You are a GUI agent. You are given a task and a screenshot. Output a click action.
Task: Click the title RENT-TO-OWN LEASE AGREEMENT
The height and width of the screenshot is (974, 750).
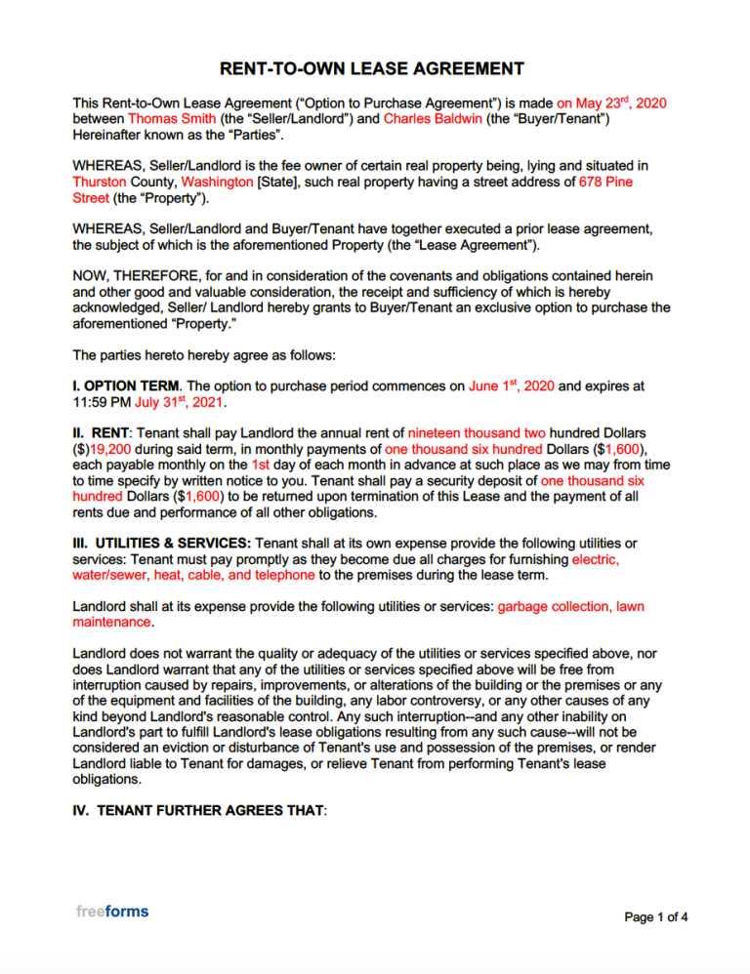click(372, 68)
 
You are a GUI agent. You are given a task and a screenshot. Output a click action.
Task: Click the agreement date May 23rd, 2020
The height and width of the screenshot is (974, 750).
click(611, 102)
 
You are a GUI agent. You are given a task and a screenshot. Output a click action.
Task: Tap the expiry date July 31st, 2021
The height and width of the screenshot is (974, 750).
click(191, 402)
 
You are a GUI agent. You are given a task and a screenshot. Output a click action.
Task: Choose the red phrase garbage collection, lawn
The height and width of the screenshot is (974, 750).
click(570, 607)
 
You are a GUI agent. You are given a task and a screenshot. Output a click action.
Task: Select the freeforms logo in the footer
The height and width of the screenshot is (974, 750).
click(112, 911)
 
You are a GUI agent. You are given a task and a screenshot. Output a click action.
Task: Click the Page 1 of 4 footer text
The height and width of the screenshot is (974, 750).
click(656, 916)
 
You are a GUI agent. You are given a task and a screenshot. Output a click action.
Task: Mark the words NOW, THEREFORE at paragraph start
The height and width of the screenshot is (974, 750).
click(127, 276)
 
